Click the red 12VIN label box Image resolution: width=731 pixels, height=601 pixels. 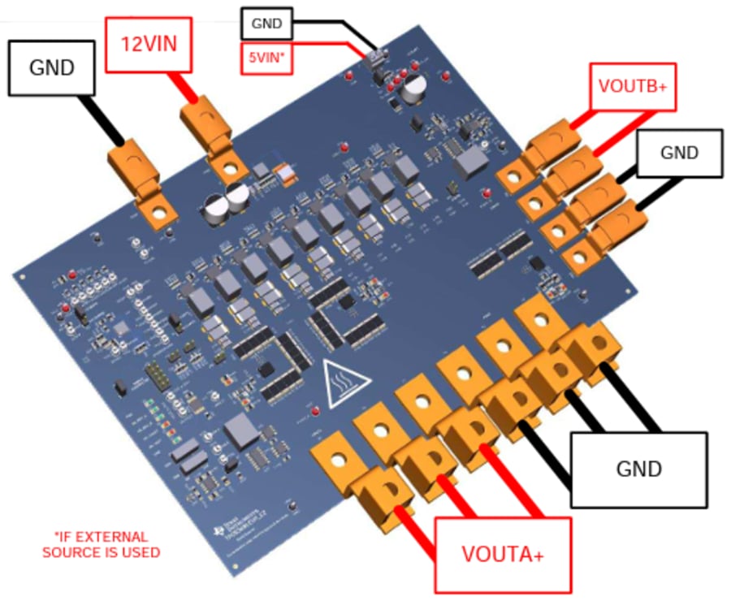click(x=154, y=41)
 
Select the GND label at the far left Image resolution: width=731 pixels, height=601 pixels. click(x=52, y=67)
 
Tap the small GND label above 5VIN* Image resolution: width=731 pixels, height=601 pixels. click(x=266, y=24)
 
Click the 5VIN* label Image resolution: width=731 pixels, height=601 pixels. click(x=266, y=58)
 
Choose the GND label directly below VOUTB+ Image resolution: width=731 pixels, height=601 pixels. click(x=678, y=152)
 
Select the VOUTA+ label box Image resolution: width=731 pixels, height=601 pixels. click(x=502, y=555)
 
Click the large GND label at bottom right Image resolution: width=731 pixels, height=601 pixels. click(x=638, y=469)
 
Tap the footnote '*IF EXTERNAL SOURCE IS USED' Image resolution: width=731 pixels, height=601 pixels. click(x=101, y=544)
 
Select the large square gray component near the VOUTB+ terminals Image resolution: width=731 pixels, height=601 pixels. click(x=469, y=163)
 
